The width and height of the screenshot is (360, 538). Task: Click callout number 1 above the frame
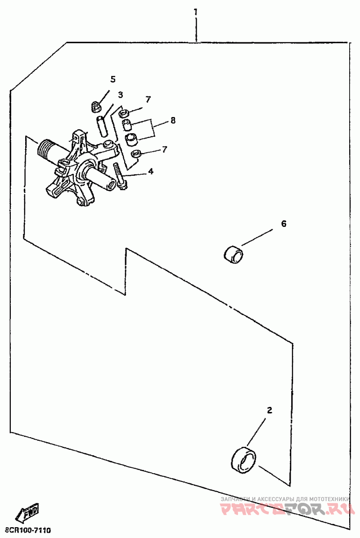click(196, 11)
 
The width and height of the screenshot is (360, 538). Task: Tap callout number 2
click(270, 410)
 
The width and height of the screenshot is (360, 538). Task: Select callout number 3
click(121, 95)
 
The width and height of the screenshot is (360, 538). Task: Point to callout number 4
click(150, 171)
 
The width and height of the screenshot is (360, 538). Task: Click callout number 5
click(113, 80)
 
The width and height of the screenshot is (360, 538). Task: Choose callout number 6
click(283, 223)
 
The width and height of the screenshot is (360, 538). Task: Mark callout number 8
click(173, 121)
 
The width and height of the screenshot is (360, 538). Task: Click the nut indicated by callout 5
click(95, 108)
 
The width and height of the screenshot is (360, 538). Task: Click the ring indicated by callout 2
click(243, 460)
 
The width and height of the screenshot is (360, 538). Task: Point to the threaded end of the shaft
click(45, 148)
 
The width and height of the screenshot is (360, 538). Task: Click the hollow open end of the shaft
click(111, 184)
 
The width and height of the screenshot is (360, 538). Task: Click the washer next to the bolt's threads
click(136, 154)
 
